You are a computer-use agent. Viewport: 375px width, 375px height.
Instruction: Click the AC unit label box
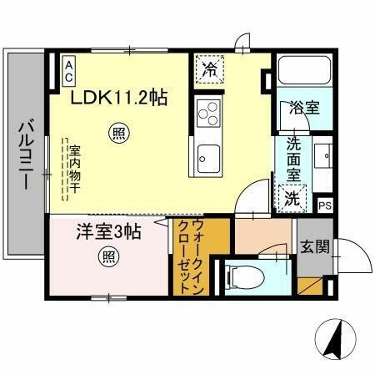pos(69,68)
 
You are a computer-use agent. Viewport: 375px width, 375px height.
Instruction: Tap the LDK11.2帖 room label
pos(118,98)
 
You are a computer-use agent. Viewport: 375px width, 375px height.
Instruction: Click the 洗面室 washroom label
pos(294,158)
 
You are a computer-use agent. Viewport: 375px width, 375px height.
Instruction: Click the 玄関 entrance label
pos(316,246)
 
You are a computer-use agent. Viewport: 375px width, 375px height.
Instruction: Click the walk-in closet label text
pos(192,255)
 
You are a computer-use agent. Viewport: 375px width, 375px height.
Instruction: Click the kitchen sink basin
pos(207,155)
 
